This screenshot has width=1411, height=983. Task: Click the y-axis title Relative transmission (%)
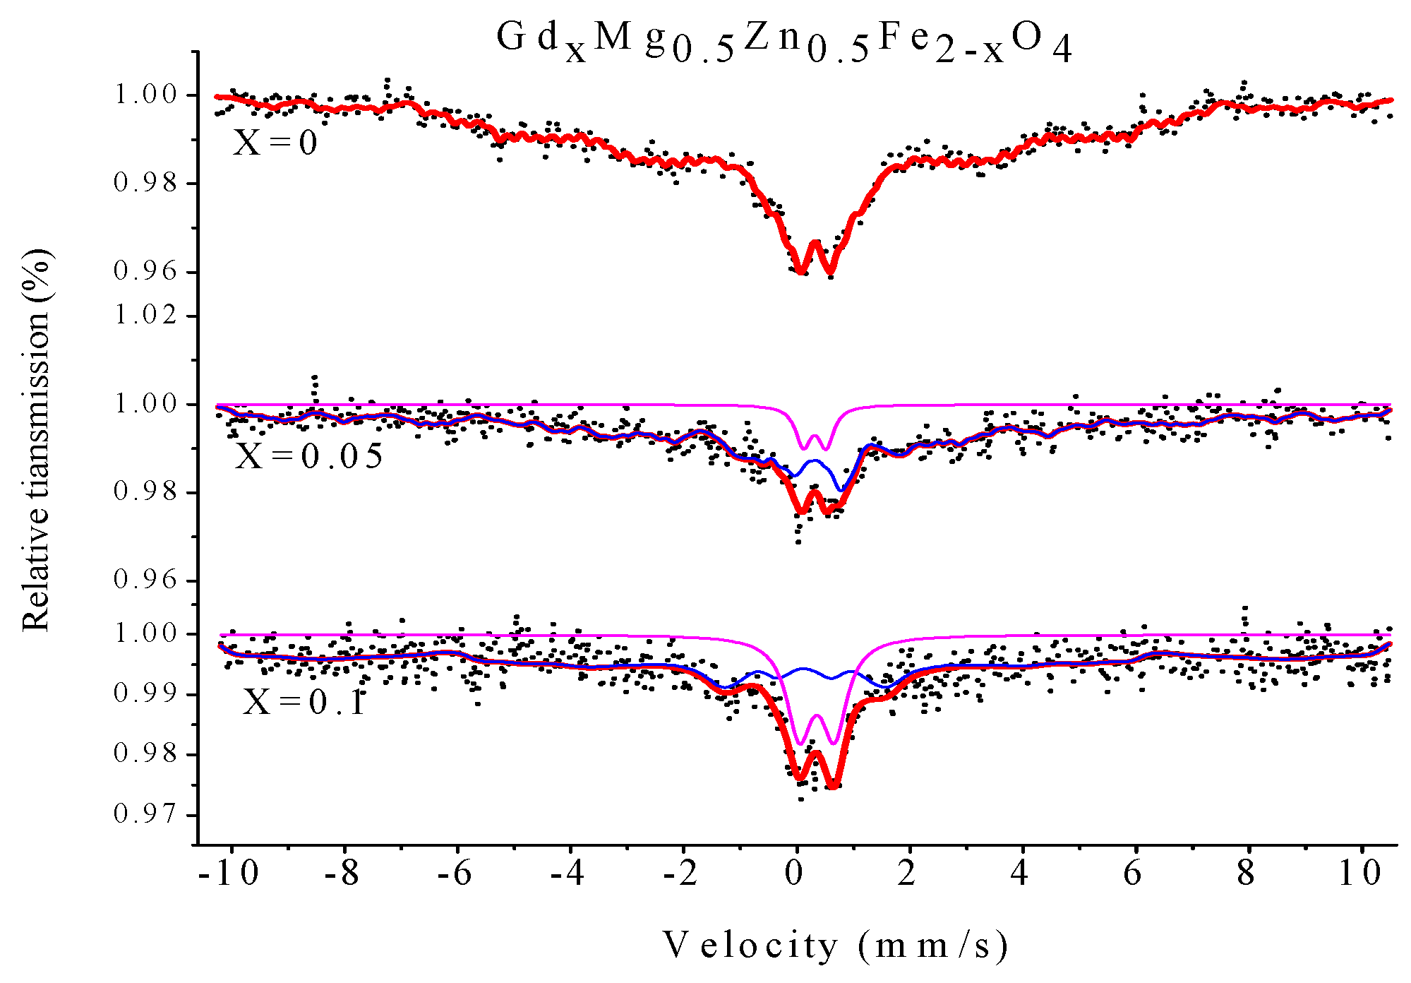pyautogui.click(x=37, y=439)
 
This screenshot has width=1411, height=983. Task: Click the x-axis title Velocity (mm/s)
pyautogui.click(x=836, y=946)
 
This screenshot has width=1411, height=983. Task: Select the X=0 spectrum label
pyautogui.click(x=275, y=143)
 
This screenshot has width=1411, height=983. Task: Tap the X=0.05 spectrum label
pyautogui.click(x=308, y=456)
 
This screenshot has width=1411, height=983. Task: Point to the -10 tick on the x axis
pyautogui.click(x=229, y=874)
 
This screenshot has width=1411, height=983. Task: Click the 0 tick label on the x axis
pyautogui.click(x=795, y=874)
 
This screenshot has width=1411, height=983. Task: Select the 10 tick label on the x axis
pyautogui.click(x=1360, y=874)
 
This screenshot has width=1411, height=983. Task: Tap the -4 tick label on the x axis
pyautogui.click(x=568, y=874)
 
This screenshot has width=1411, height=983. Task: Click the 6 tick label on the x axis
pyautogui.click(x=1133, y=874)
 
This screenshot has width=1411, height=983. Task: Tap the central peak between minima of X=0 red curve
pyautogui.click(x=815, y=244)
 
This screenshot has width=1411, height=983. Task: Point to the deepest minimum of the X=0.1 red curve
pyautogui.click(x=834, y=785)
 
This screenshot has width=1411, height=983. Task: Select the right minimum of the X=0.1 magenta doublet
pyautogui.click(x=834, y=743)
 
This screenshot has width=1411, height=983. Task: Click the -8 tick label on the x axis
pyautogui.click(x=342, y=874)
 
